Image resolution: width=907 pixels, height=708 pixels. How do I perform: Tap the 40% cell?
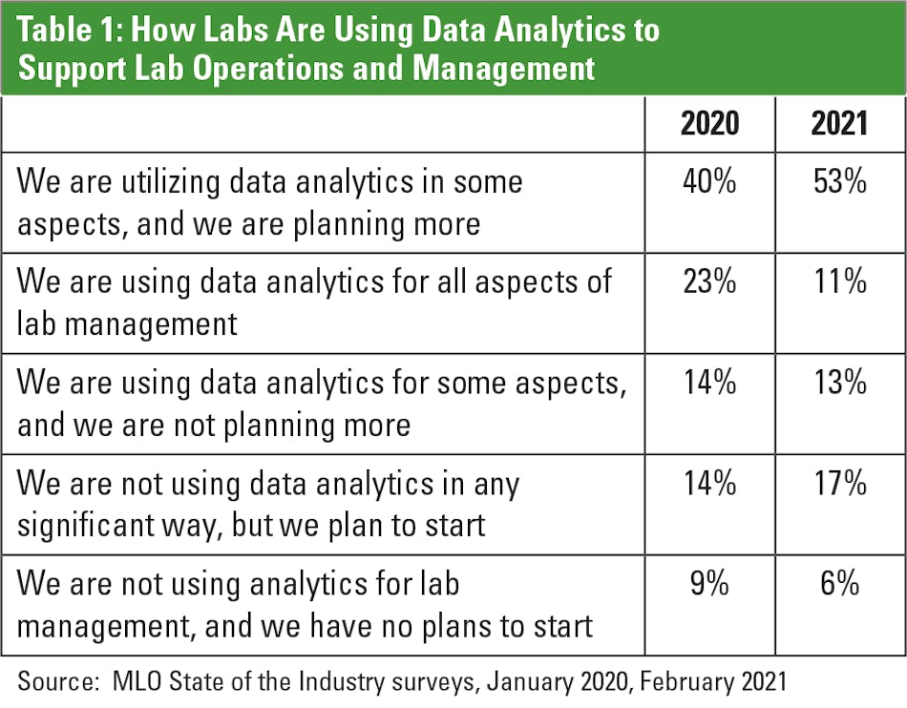(x=709, y=182)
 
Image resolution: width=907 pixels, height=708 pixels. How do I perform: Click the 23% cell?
(x=709, y=282)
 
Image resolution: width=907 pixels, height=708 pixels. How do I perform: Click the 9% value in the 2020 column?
(x=709, y=583)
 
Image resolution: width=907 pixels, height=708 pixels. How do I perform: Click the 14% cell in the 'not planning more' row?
(x=709, y=383)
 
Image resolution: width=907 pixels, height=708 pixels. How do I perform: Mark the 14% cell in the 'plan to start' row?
(x=709, y=483)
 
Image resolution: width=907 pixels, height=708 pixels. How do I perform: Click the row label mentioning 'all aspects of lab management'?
(x=314, y=302)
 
